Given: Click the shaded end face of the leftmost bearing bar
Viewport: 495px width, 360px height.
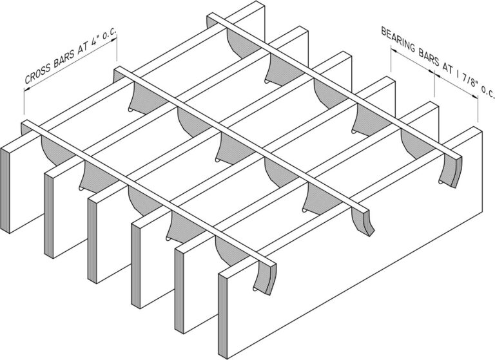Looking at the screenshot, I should click(x=5, y=189).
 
